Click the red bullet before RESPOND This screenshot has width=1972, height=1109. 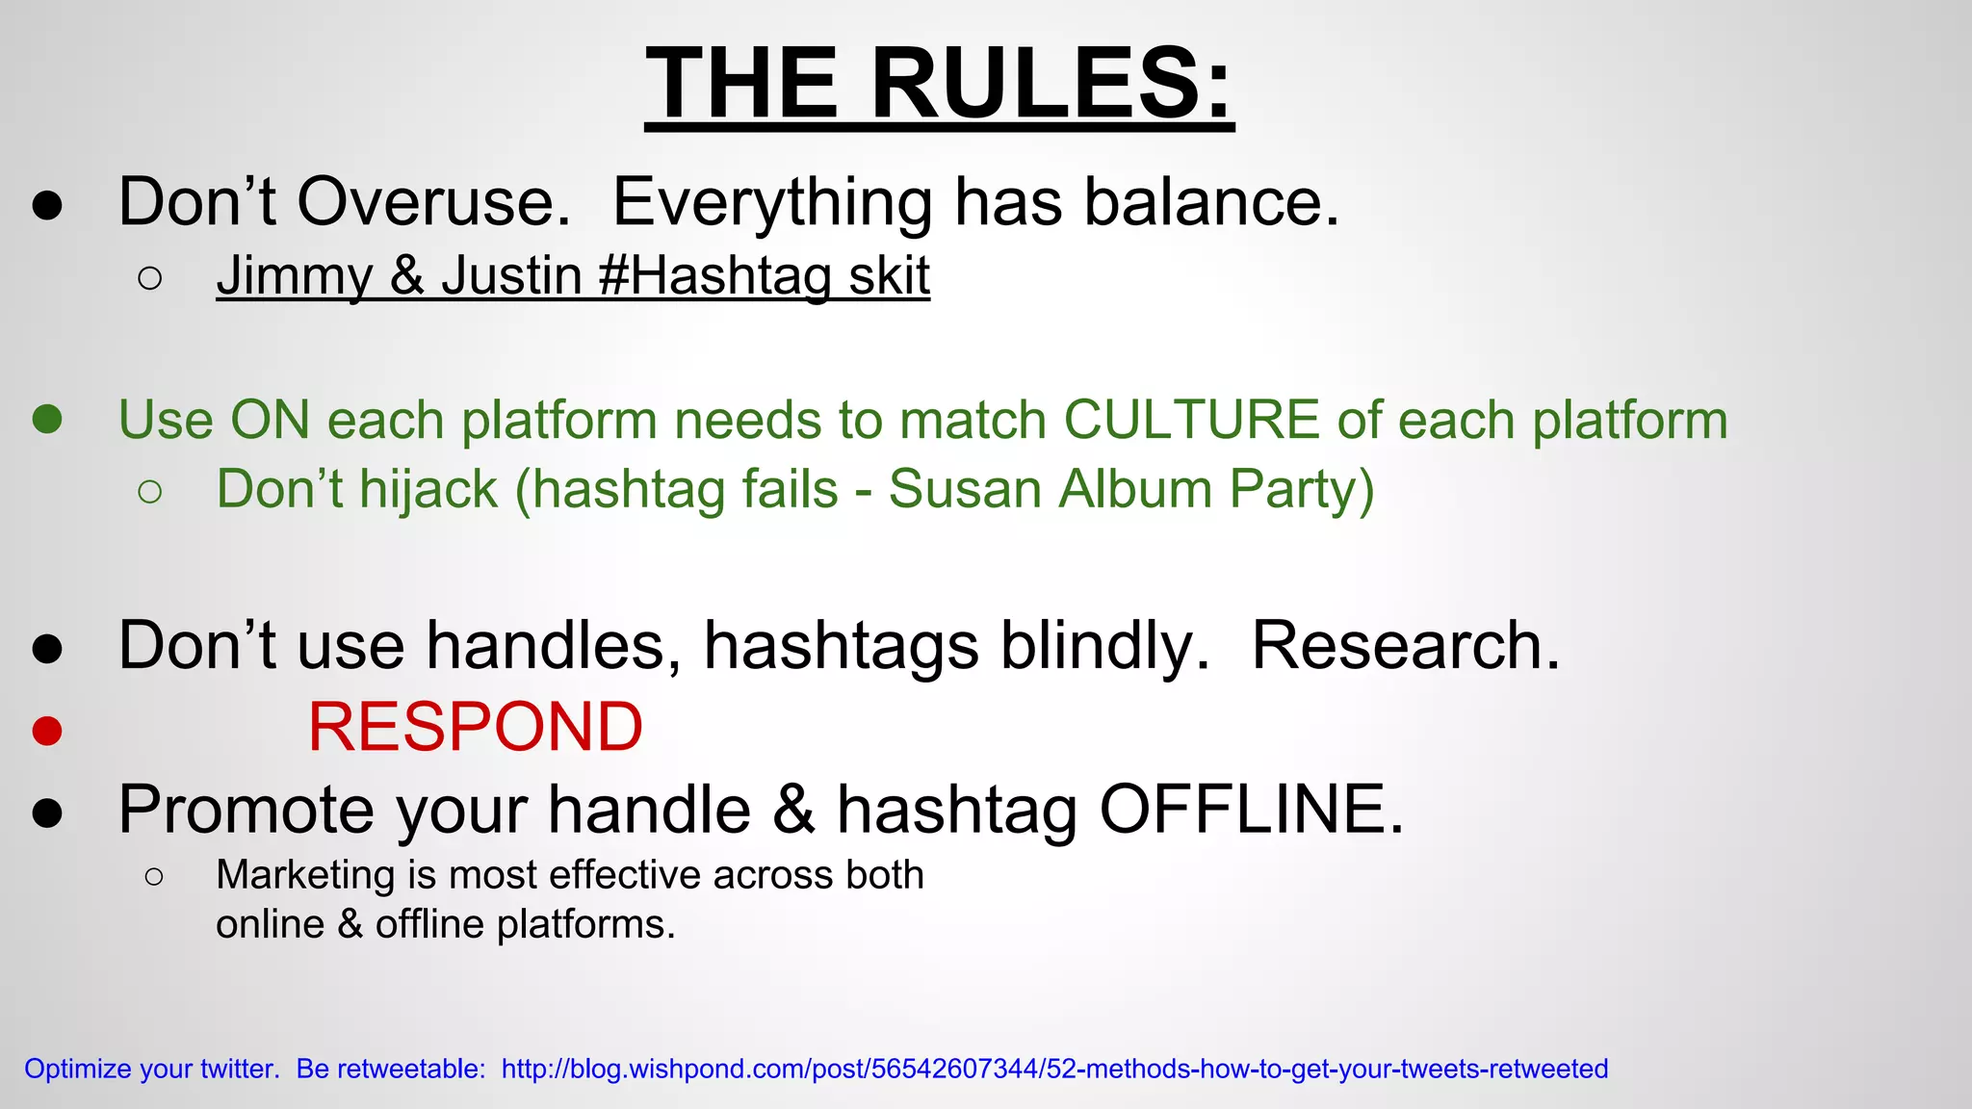pos(47,731)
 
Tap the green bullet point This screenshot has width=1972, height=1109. pos(47,419)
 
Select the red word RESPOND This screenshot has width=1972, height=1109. pos(475,727)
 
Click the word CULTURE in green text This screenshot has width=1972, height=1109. pos(1191,420)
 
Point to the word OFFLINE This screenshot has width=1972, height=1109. pos(1251,809)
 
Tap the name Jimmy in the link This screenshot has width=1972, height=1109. pos(294,276)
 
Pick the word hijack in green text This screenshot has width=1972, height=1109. pos(428,489)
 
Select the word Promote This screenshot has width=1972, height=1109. pos(246,809)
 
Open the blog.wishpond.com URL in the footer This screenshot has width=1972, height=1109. pos(1054,1069)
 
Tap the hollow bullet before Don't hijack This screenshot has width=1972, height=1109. pos(149,492)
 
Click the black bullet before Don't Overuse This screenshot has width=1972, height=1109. pos(47,205)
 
